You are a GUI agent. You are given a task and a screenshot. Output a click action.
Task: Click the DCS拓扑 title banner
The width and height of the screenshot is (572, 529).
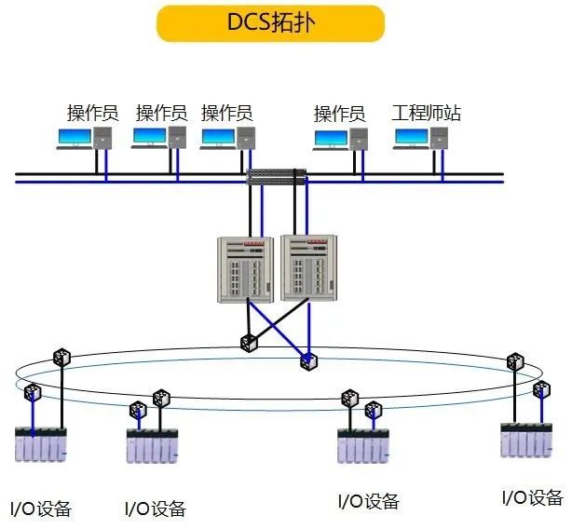click(x=270, y=23)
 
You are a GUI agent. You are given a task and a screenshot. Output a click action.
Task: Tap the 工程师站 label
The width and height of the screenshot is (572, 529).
click(x=427, y=114)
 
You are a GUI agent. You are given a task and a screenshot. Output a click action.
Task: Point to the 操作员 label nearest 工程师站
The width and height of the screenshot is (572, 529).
click(x=339, y=114)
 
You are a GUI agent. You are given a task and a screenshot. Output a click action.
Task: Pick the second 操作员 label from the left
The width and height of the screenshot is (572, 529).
click(x=162, y=114)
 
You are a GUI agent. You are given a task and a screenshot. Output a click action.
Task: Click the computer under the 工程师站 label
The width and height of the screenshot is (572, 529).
click(x=423, y=139)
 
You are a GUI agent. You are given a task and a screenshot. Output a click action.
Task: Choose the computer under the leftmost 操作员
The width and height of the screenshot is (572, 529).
click(x=86, y=139)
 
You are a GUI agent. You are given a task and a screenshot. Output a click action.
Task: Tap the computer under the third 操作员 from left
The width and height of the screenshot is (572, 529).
click(x=228, y=139)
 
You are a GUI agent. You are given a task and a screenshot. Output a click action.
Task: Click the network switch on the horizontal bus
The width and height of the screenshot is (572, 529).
click(x=277, y=176)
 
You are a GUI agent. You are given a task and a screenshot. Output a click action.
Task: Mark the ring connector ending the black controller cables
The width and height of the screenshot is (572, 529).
click(x=249, y=343)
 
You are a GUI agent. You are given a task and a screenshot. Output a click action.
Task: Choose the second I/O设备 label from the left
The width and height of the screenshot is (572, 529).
click(x=155, y=509)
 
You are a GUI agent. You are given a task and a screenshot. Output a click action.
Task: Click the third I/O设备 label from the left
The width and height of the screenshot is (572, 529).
click(x=368, y=501)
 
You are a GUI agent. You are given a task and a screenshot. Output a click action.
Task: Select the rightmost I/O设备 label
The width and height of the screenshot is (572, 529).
click(x=532, y=497)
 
